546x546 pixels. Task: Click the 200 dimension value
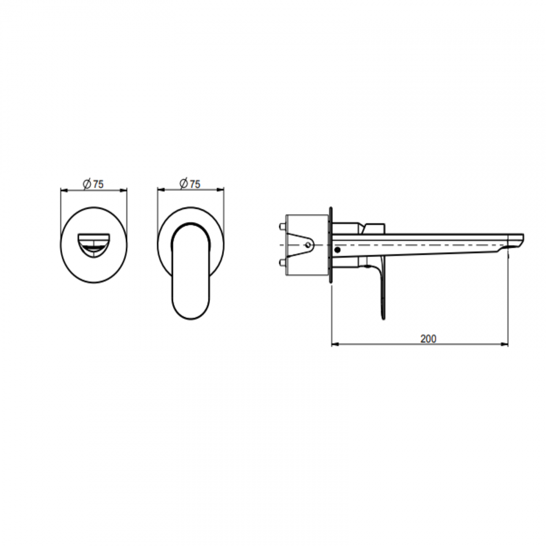tap(428, 339)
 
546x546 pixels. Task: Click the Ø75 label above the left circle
tap(93, 184)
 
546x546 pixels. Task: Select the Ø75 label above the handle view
tap(190, 184)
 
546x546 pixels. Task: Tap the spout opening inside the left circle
tap(94, 246)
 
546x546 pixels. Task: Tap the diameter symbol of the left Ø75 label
tap(87, 184)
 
